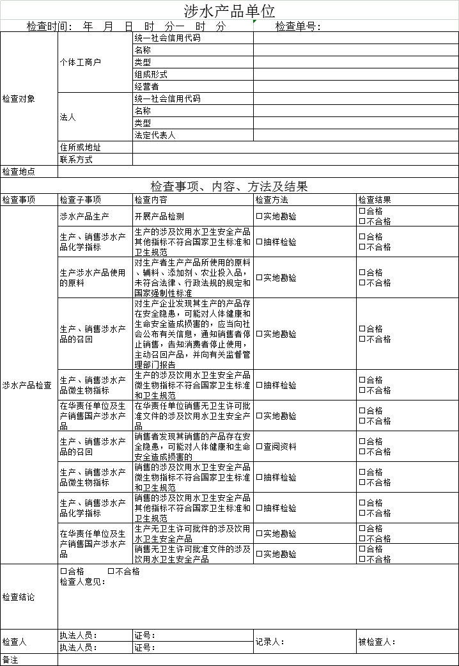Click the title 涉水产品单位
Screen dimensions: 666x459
click(229, 11)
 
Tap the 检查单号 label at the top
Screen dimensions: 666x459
click(298, 27)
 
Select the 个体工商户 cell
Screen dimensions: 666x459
click(80, 63)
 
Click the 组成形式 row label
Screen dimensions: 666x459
click(150, 75)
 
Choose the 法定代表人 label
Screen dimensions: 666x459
click(154, 136)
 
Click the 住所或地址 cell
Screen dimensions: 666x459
click(80, 148)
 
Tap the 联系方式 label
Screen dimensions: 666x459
click(76, 160)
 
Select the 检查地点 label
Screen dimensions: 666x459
click(19, 172)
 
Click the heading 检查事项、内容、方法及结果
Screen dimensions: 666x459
click(229, 186)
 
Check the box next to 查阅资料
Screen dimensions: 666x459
click(260, 447)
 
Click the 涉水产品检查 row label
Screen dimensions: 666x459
click(27, 386)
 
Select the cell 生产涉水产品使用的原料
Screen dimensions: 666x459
click(92, 278)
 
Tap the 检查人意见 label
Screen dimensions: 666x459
click(82, 582)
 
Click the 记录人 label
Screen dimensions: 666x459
click(270, 642)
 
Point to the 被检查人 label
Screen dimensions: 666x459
click(377, 642)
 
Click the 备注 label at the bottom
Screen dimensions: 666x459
click(11, 660)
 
